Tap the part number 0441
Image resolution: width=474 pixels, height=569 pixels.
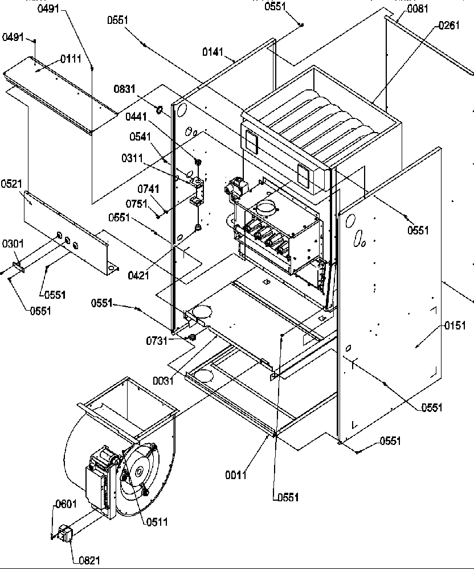137,117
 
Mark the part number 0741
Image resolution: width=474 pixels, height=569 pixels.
148,189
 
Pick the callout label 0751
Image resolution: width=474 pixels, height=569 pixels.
138,203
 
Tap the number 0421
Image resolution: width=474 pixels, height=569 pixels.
139,275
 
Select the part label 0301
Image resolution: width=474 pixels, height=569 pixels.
12,244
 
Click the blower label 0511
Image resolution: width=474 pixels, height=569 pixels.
156,522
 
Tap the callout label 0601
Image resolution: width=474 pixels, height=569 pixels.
66,504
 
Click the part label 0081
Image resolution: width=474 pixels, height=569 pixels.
419,9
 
